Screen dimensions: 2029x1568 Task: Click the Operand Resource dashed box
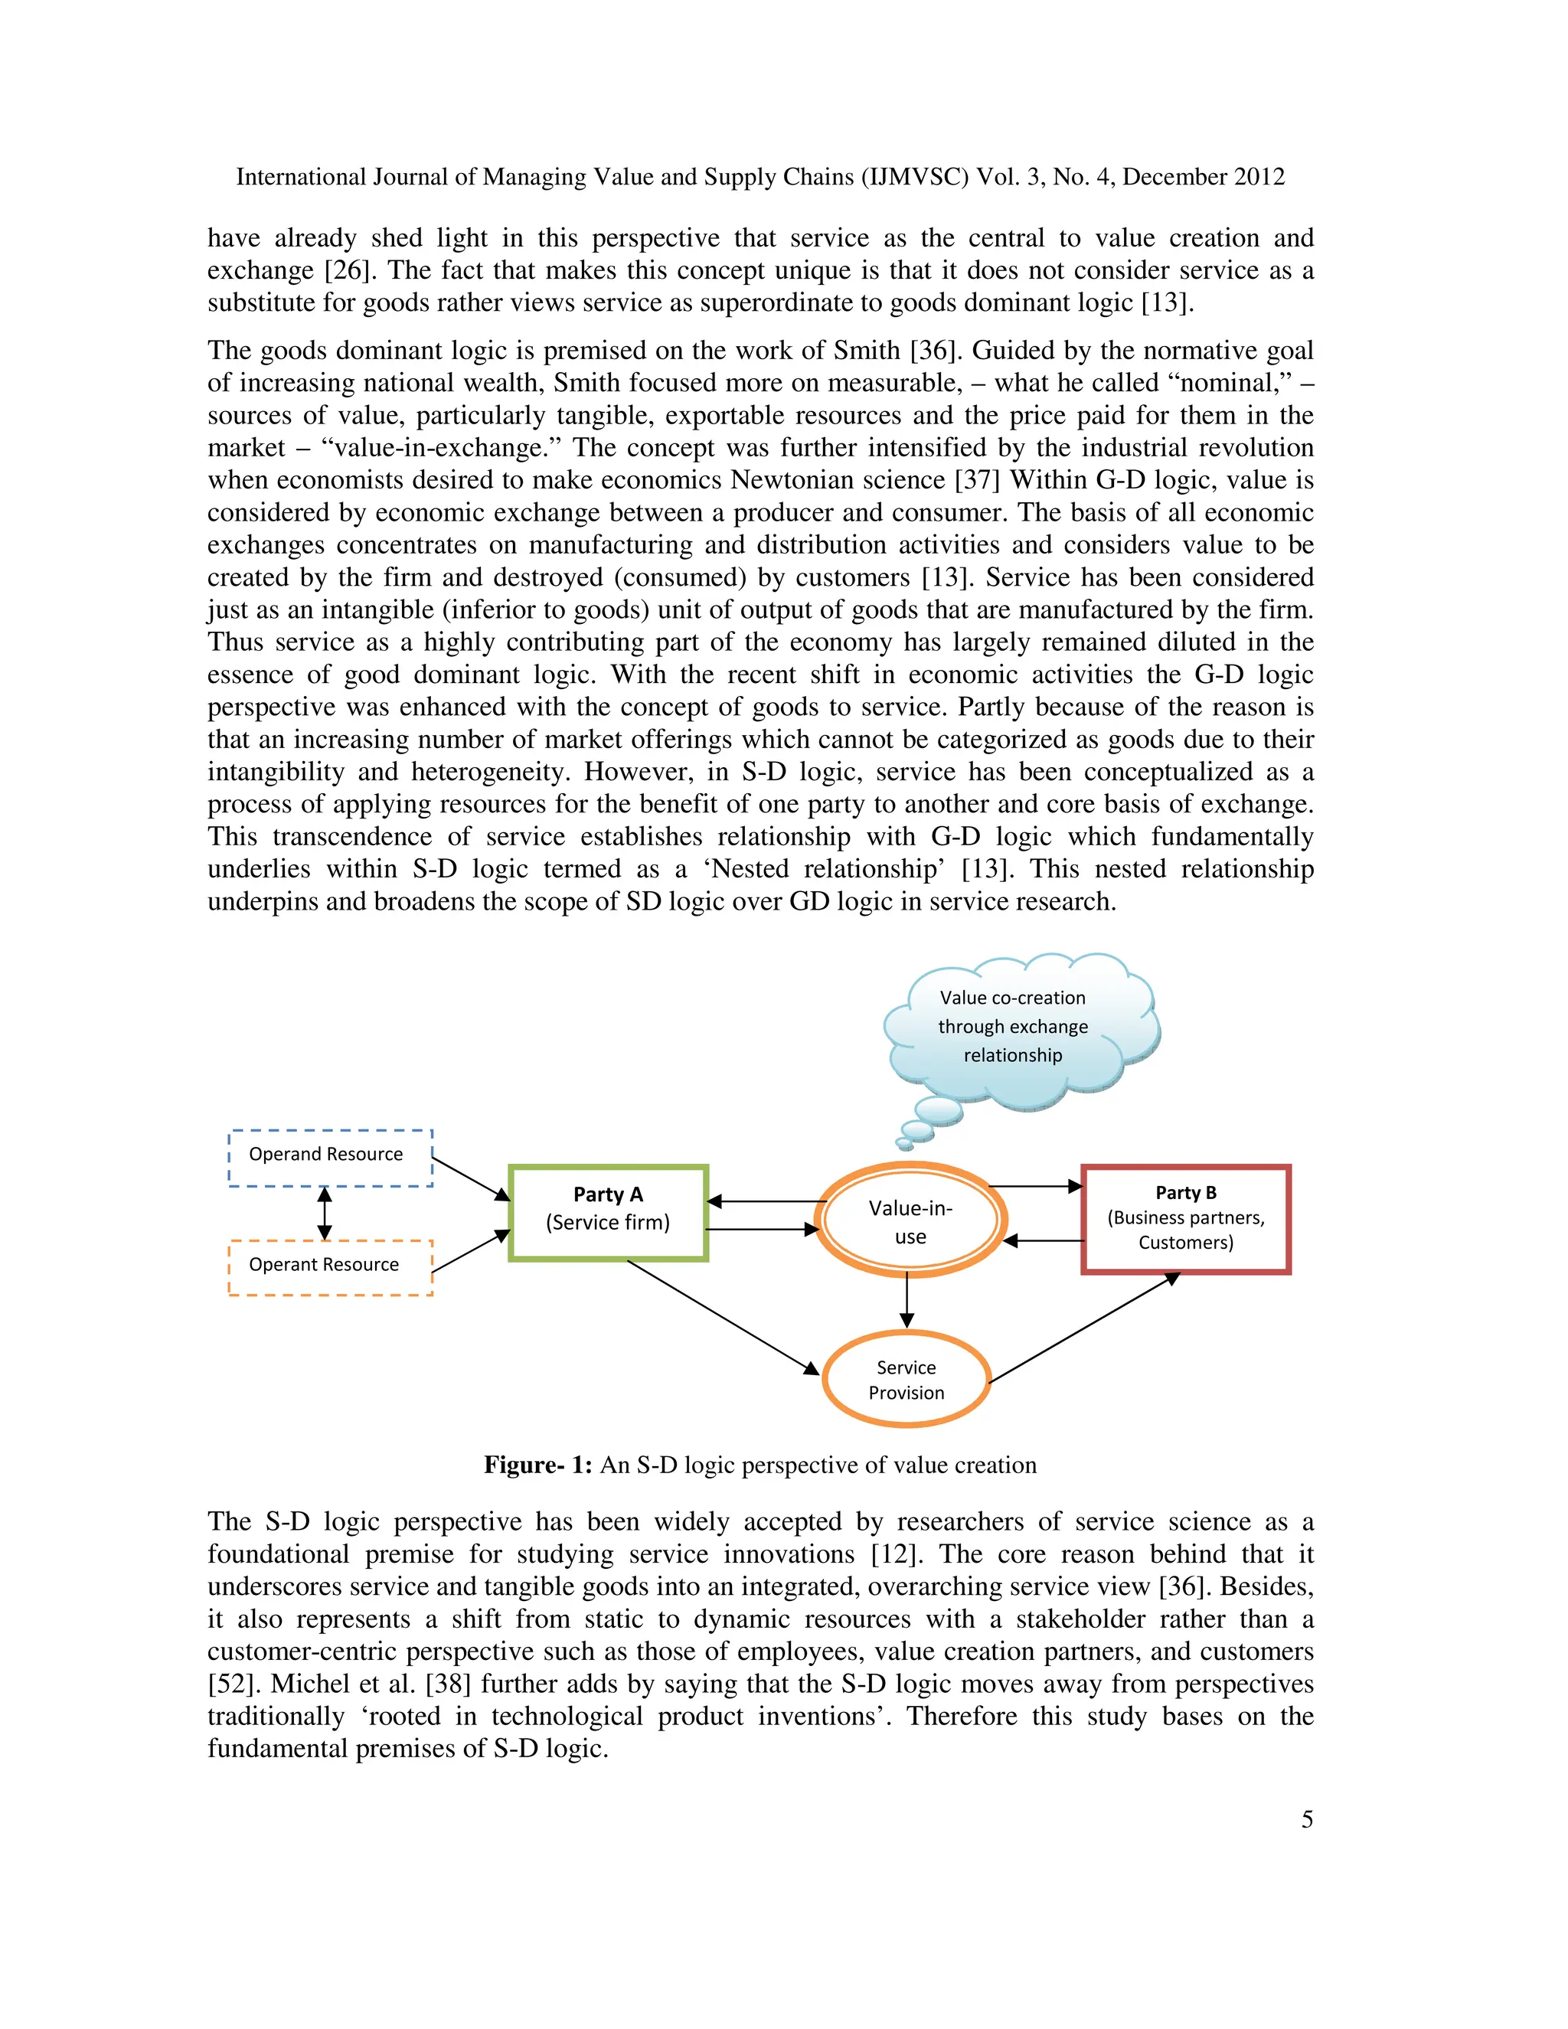330,1158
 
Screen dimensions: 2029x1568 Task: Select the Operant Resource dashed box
330,1267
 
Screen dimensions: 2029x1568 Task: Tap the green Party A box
609,1212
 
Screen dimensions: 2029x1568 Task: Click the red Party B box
1185,1219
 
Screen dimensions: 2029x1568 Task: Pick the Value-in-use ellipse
910,1220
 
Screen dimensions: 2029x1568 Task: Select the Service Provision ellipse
906,1380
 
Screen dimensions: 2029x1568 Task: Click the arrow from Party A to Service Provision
720,1315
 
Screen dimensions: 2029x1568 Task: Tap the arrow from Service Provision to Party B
1082,1328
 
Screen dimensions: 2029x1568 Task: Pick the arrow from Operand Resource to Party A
471,1179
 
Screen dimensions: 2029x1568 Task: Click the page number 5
1307,1819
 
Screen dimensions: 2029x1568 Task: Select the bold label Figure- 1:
537,1465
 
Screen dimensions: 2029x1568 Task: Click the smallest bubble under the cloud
903,1144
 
